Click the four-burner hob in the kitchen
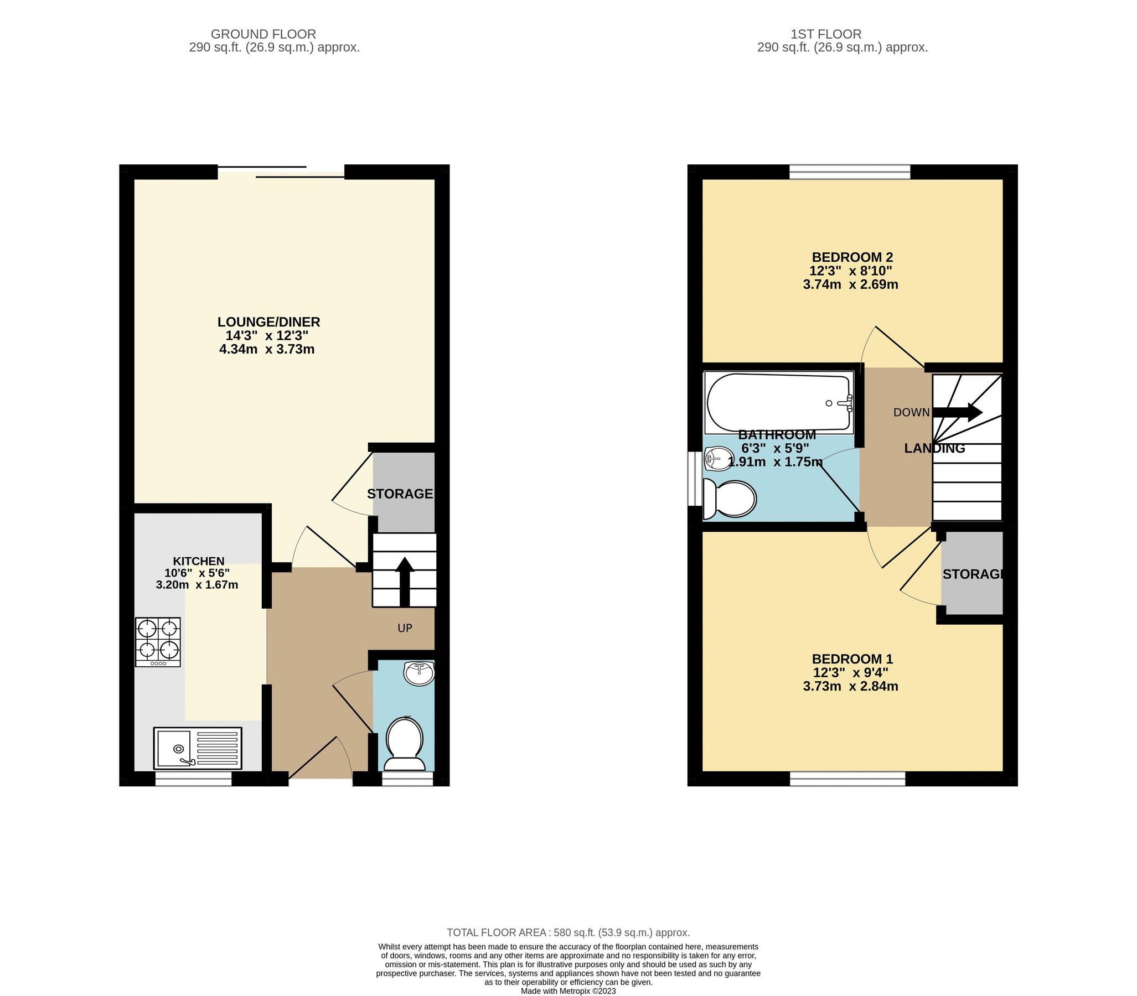(x=158, y=642)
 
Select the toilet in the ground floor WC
(x=404, y=742)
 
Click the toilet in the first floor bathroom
(x=730, y=498)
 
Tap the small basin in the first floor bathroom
(x=717, y=459)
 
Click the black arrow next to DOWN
(x=957, y=412)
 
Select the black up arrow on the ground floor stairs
(x=404, y=582)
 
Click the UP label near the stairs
(x=404, y=628)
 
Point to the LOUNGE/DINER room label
(x=268, y=322)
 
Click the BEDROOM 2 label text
(x=852, y=257)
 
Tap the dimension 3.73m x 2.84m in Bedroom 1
(x=850, y=686)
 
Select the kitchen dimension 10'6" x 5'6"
(x=197, y=573)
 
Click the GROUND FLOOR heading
(x=263, y=34)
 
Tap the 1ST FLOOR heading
(x=826, y=34)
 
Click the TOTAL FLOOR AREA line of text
(x=568, y=932)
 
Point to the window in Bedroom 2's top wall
(x=850, y=172)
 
